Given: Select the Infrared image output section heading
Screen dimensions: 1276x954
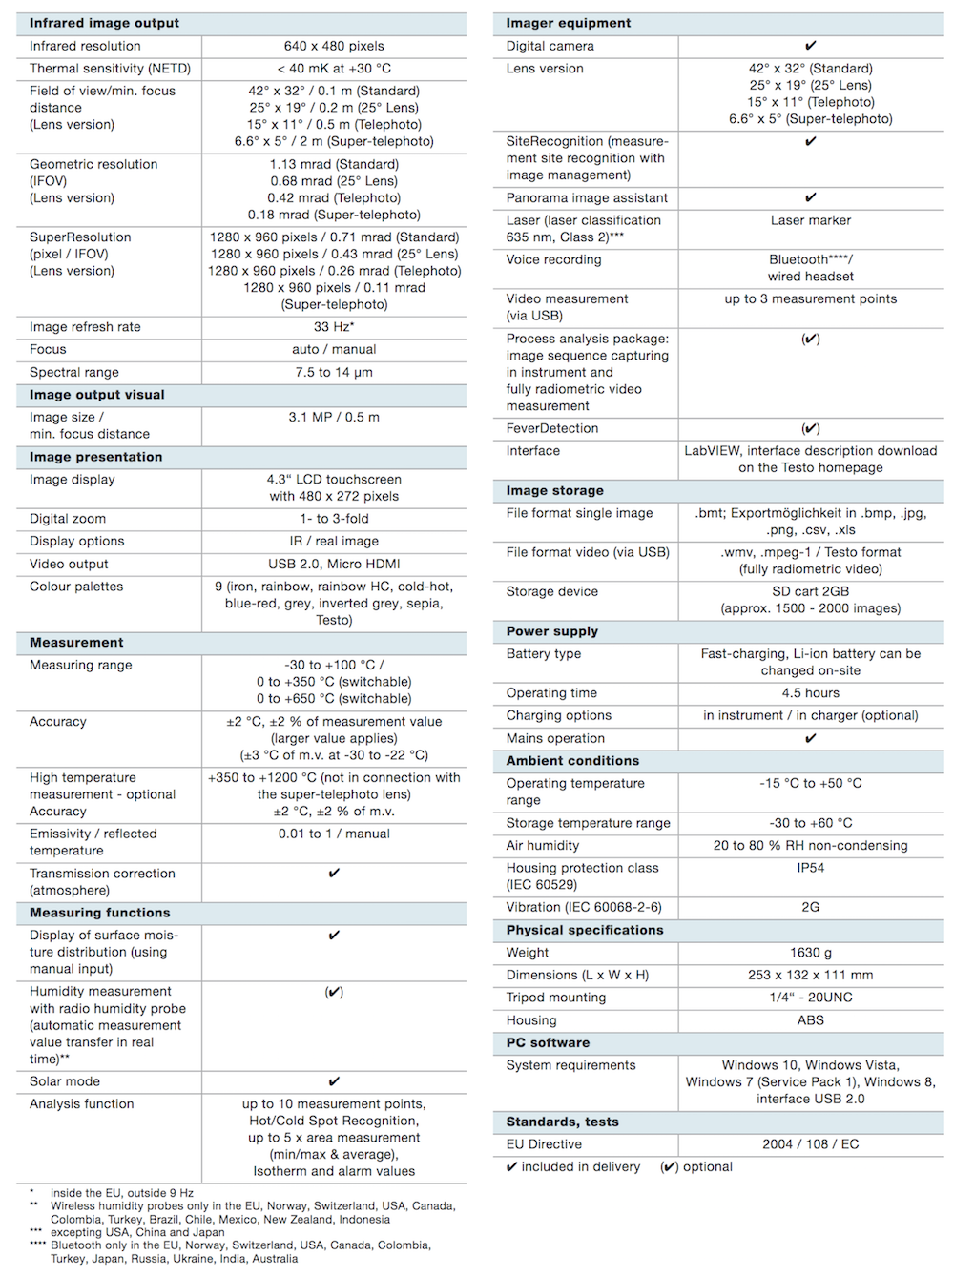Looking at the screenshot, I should (104, 23).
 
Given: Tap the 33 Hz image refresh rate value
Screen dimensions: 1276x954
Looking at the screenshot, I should (334, 327).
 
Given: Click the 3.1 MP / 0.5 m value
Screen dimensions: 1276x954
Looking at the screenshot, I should (334, 417).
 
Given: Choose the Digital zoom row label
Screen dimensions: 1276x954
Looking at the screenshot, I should (68, 519).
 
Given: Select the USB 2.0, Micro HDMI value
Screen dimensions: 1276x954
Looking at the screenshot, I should (334, 564).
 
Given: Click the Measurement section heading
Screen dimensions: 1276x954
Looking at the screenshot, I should (76, 643).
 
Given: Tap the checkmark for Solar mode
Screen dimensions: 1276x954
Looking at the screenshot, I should (334, 1081).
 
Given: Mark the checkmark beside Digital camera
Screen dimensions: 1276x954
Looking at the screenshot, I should (811, 46).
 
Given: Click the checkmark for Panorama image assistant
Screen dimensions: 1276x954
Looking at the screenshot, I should (811, 197).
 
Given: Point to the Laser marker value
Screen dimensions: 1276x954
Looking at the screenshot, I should (811, 220).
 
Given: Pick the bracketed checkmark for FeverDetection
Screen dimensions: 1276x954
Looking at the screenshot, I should (811, 428).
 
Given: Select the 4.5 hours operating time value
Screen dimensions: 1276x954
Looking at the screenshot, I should (811, 693).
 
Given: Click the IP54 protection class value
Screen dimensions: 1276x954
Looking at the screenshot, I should (811, 868).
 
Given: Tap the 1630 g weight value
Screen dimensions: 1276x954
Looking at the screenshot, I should (811, 953).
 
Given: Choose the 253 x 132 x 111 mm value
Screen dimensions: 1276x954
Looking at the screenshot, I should (811, 975).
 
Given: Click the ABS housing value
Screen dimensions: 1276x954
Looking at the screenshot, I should (811, 1020).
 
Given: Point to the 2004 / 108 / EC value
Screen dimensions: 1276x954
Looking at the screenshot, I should (811, 1144).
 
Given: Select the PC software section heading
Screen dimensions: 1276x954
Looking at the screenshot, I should (548, 1043).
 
